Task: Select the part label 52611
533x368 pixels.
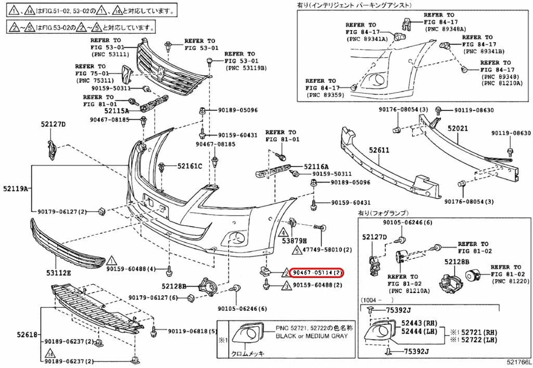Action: point(380,150)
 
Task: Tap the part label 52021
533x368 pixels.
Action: point(459,129)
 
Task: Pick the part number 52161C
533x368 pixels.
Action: point(190,166)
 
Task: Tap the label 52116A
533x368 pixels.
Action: point(316,166)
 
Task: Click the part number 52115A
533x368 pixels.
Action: point(115,111)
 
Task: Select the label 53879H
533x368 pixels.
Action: point(294,241)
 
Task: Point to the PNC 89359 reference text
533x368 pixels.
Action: point(323,95)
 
